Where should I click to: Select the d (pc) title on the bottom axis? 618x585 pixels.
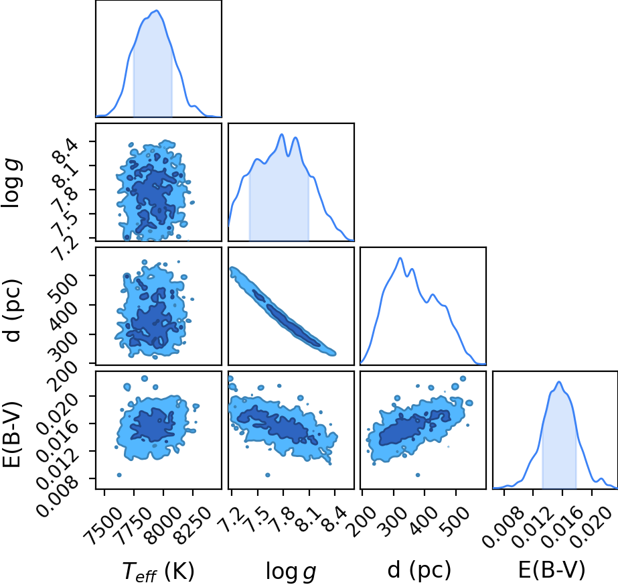(419, 570)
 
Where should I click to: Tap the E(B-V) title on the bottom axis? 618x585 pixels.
(552, 570)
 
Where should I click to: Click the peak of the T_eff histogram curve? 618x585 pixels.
(157, 10)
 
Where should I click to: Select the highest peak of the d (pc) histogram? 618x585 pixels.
(400, 258)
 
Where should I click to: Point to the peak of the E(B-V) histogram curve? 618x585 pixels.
(558, 381)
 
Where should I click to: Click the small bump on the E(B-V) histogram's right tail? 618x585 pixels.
(601, 479)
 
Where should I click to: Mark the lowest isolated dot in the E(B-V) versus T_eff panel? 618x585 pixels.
(119, 474)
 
